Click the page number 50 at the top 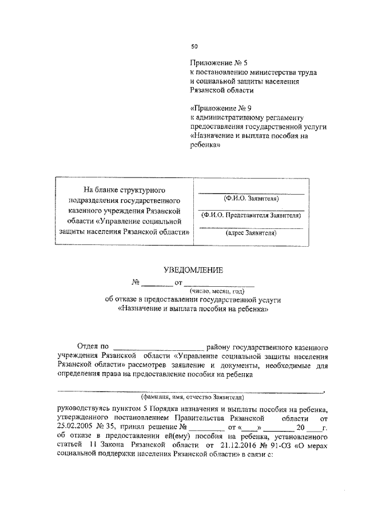click(194, 47)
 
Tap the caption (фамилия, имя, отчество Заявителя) click(193, 396)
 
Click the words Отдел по click(92, 346)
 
